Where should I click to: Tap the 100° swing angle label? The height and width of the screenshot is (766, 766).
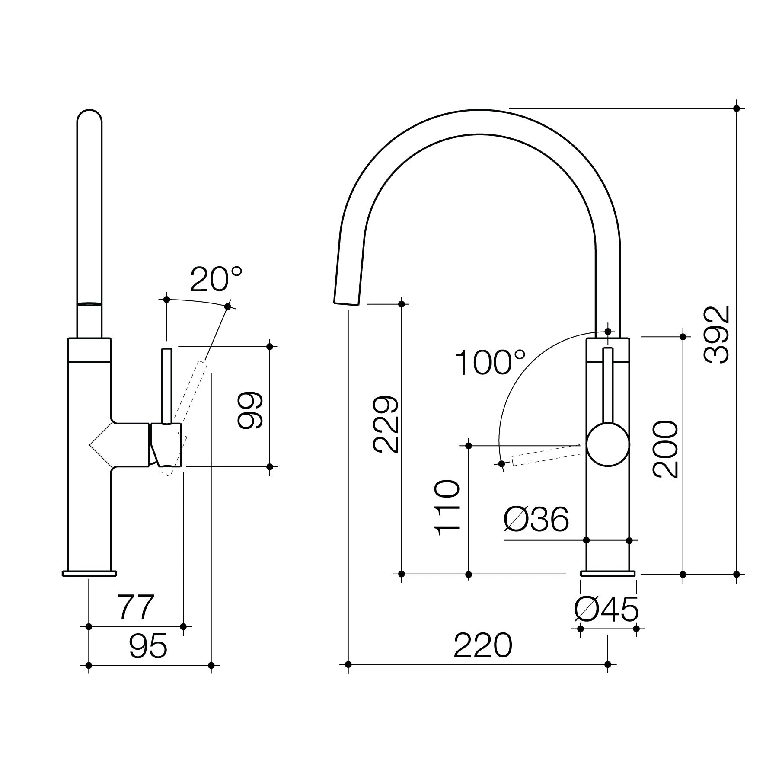(x=490, y=363)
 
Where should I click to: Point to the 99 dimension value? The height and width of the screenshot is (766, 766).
(x=250, y=410)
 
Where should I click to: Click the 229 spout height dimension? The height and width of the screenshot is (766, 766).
(x=385, y=424)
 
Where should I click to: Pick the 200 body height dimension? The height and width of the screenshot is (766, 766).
(x=665, y=449)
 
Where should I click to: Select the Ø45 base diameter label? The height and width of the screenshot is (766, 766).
(x=606, y=610)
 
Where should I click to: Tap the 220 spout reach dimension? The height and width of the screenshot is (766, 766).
(x=482, y=646)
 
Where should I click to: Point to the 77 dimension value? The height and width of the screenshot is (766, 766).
(x=136, y=607)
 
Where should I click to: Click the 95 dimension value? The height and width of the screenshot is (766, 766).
(x=148, y=647)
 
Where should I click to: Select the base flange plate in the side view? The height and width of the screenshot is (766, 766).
(x=89, y=573)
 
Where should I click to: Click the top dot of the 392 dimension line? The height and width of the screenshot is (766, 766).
(x=737, y=108)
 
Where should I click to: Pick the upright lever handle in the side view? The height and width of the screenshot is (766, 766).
(x=167, y=385)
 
